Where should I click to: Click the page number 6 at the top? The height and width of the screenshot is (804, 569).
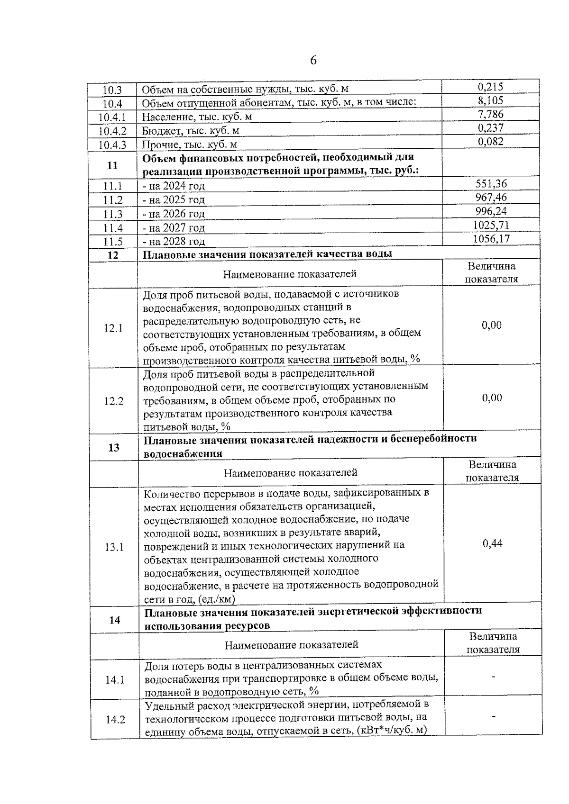click(x=313, y=61)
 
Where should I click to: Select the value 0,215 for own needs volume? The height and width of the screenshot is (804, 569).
click(x=490, y=87)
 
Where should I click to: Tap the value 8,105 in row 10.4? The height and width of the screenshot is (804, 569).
click(x=490, y=100)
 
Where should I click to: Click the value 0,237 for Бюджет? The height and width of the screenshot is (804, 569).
click(x=490, y=128)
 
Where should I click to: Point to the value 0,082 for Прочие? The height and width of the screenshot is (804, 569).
click(x=490, y=141)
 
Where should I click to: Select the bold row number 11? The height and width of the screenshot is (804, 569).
click(x=112, y=165)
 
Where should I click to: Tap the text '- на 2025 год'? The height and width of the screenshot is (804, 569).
click(x=174, y=200)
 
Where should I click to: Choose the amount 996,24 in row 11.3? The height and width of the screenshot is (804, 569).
click(x=491, y=211)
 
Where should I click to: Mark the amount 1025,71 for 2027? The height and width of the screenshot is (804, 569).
click(x=491, y=225)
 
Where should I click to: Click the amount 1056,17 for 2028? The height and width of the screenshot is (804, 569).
click(x=491, y=239)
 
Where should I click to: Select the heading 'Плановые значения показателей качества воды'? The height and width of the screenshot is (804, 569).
click(x=267, y=254)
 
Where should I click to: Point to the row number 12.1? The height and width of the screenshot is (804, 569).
click(x=113, y=328)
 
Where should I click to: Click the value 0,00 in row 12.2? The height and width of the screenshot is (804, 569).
click(x=492, y=398)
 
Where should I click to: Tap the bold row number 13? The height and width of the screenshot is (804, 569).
click(x=114, y=447)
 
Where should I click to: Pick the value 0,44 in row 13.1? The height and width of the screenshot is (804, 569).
click(x=492, y=543)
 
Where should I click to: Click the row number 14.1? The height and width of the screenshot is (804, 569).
click(x=115, y=680)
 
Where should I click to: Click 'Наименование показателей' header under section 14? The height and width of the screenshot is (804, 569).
click(x=291, y=644)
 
